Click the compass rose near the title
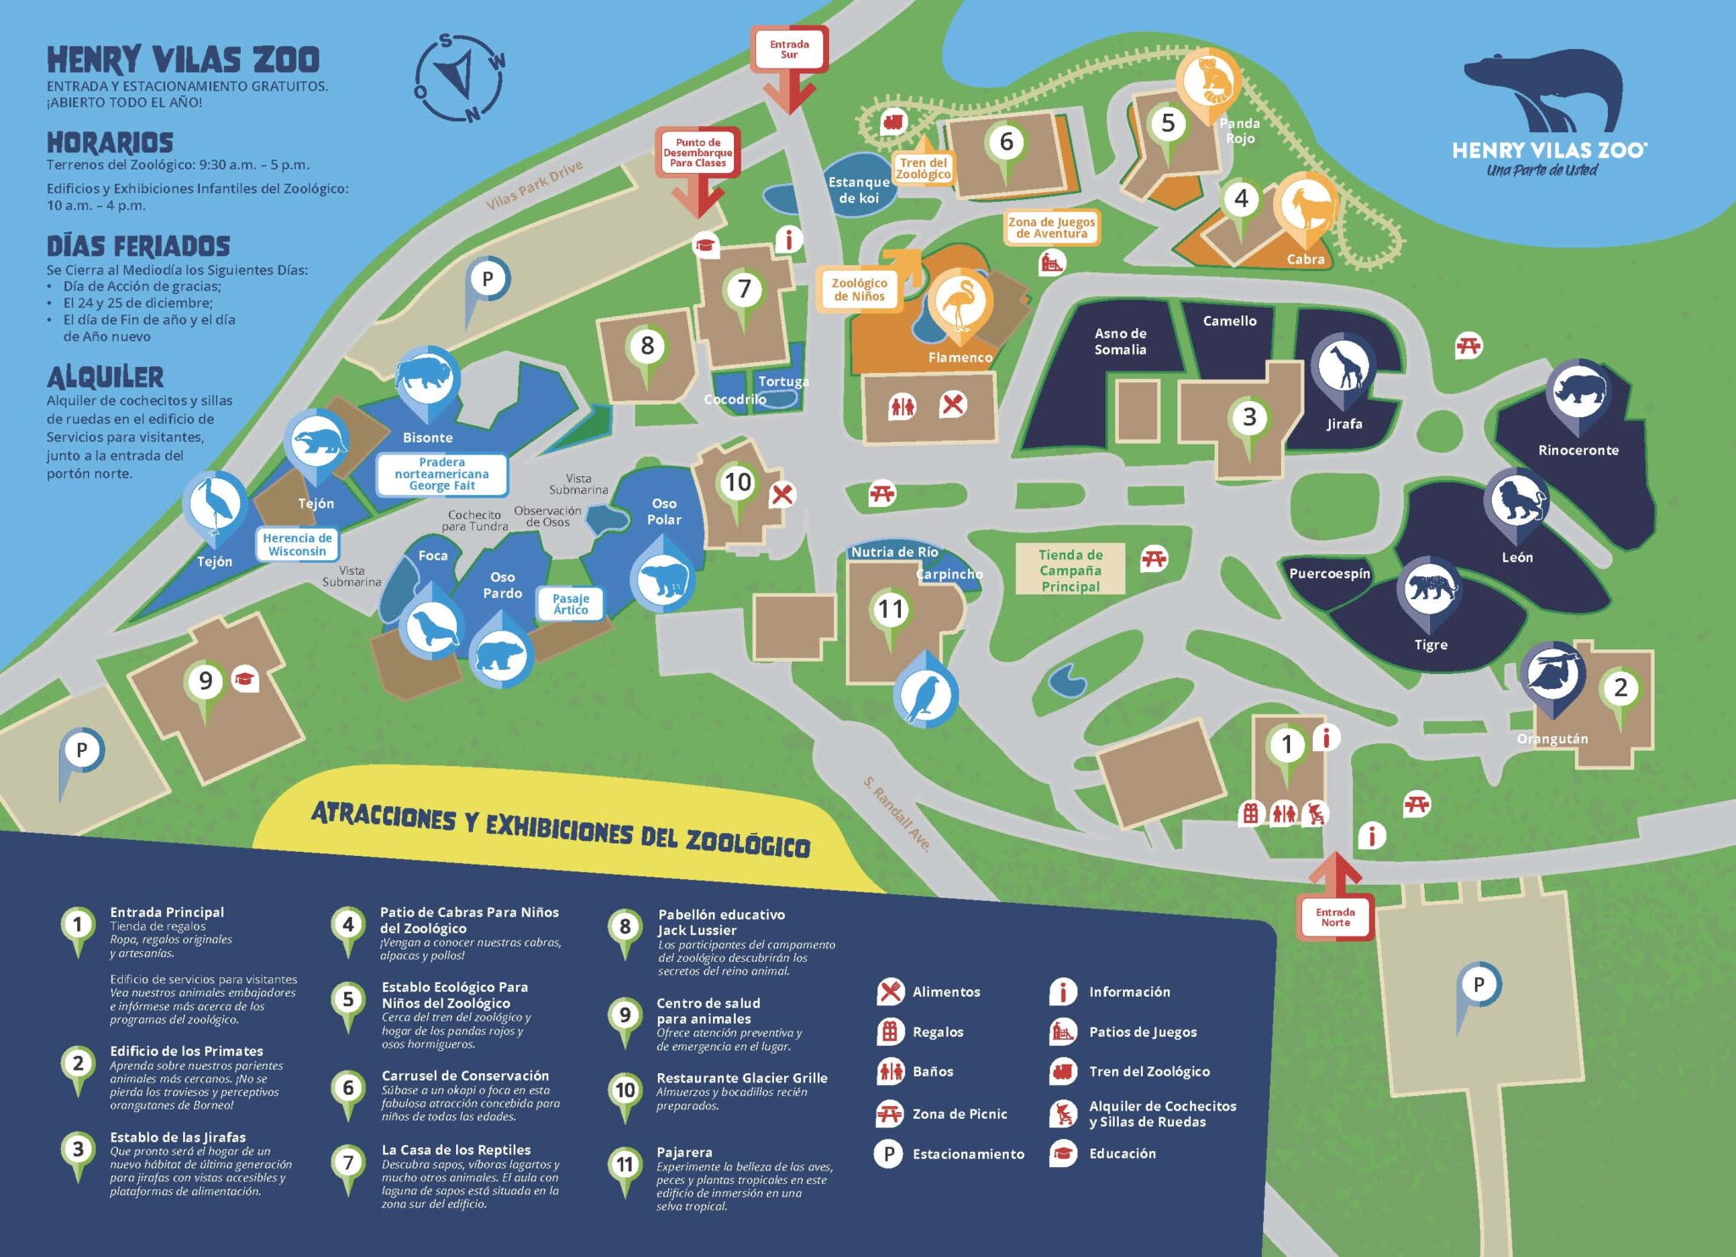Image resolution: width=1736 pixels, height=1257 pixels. (459, 78)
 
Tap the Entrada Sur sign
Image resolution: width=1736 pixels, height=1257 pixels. (788, 50)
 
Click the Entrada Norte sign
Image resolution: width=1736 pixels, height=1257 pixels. (1335, 917)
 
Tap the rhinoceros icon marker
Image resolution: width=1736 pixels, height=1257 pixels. (1577, 390)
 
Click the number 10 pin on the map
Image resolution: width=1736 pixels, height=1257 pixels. (737, 482)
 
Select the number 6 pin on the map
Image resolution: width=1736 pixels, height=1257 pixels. (1006, 142)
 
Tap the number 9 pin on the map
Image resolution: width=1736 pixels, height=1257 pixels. (205, 681)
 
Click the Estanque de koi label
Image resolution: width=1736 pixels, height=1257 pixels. (859, 190)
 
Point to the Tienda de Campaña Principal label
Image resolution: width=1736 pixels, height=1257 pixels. (1071, 570)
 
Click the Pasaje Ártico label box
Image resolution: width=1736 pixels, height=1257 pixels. (570, 603)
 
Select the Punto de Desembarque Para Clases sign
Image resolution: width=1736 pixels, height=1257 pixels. (698, 153)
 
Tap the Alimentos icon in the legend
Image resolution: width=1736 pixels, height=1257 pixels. (889, 991)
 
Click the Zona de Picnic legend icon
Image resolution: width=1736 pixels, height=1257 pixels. (889, 1114)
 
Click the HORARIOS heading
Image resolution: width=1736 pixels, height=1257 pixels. (110, 142)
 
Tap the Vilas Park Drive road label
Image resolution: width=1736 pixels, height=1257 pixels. (534, 185)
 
